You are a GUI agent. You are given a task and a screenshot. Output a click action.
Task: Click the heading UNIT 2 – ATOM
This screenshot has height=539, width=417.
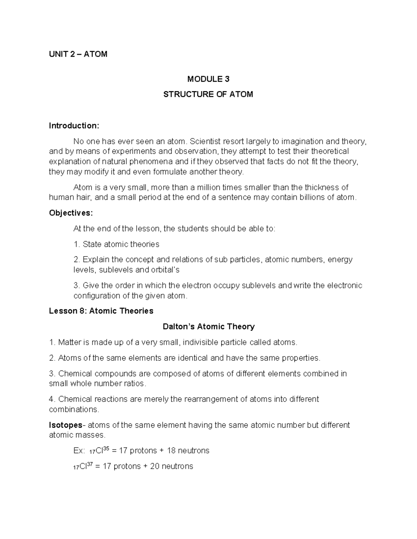pos(78,54)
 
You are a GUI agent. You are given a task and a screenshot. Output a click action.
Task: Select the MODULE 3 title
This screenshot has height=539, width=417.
pos(208,79)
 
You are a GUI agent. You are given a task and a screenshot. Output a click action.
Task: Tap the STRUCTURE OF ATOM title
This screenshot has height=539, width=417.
pos(208,94)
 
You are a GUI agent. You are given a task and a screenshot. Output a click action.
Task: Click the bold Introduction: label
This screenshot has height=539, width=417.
pos(74,126)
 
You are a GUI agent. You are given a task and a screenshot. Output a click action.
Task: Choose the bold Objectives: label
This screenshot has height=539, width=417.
pos(71,213)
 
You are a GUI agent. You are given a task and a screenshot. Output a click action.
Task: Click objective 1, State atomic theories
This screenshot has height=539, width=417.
pos(116,244)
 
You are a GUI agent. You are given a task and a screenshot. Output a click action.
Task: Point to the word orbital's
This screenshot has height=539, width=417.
pos(165,270)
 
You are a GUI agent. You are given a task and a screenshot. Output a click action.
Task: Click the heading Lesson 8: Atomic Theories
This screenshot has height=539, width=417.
pos(101,311)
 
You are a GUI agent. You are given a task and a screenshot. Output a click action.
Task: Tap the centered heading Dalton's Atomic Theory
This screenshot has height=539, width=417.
pos(208,327)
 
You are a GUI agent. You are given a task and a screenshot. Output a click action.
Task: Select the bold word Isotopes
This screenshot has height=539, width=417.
pos(65,425)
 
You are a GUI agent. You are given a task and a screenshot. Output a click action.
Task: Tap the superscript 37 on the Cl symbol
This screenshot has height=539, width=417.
pos(89,464)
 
